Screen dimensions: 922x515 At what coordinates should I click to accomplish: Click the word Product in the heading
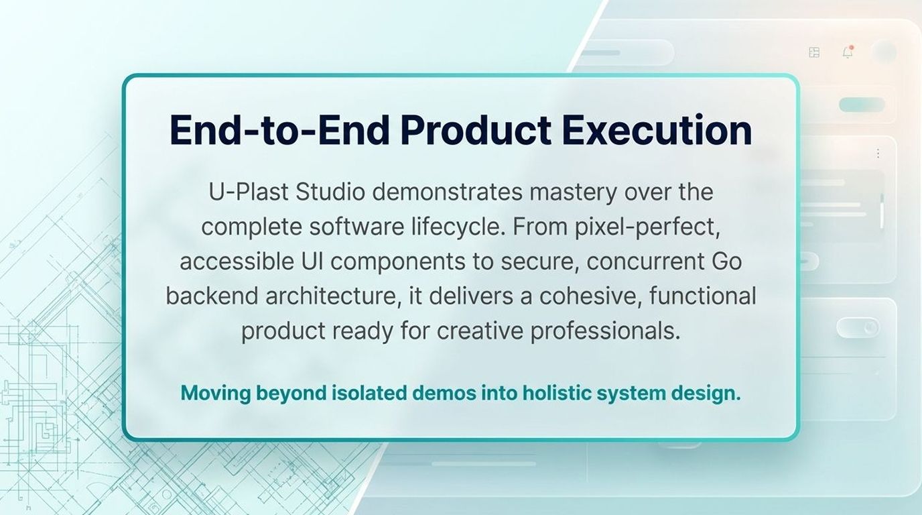pyautogui.click(x=476, y=130)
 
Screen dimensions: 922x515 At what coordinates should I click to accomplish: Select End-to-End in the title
pyautogui.click(x=279, y=130)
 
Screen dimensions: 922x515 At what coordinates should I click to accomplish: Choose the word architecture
pyautogui.click(x=333, y=296)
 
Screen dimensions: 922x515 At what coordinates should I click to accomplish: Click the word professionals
pyautogui.click(x=605, y=331)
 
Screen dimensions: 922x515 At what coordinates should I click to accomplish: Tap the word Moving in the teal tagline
pyautogui.click(x=216, y=393)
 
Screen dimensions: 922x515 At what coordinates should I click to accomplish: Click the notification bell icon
pyautogui.click(x=848, y=52)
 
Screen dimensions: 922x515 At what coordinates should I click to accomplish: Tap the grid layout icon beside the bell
pyautogui.click(x=814, y=52)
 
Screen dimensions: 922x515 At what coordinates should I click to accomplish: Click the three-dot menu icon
pyautogui.click(x=878, y=154)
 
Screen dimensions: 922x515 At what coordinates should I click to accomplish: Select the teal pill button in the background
pyautogui.click(x=862, y=105)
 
